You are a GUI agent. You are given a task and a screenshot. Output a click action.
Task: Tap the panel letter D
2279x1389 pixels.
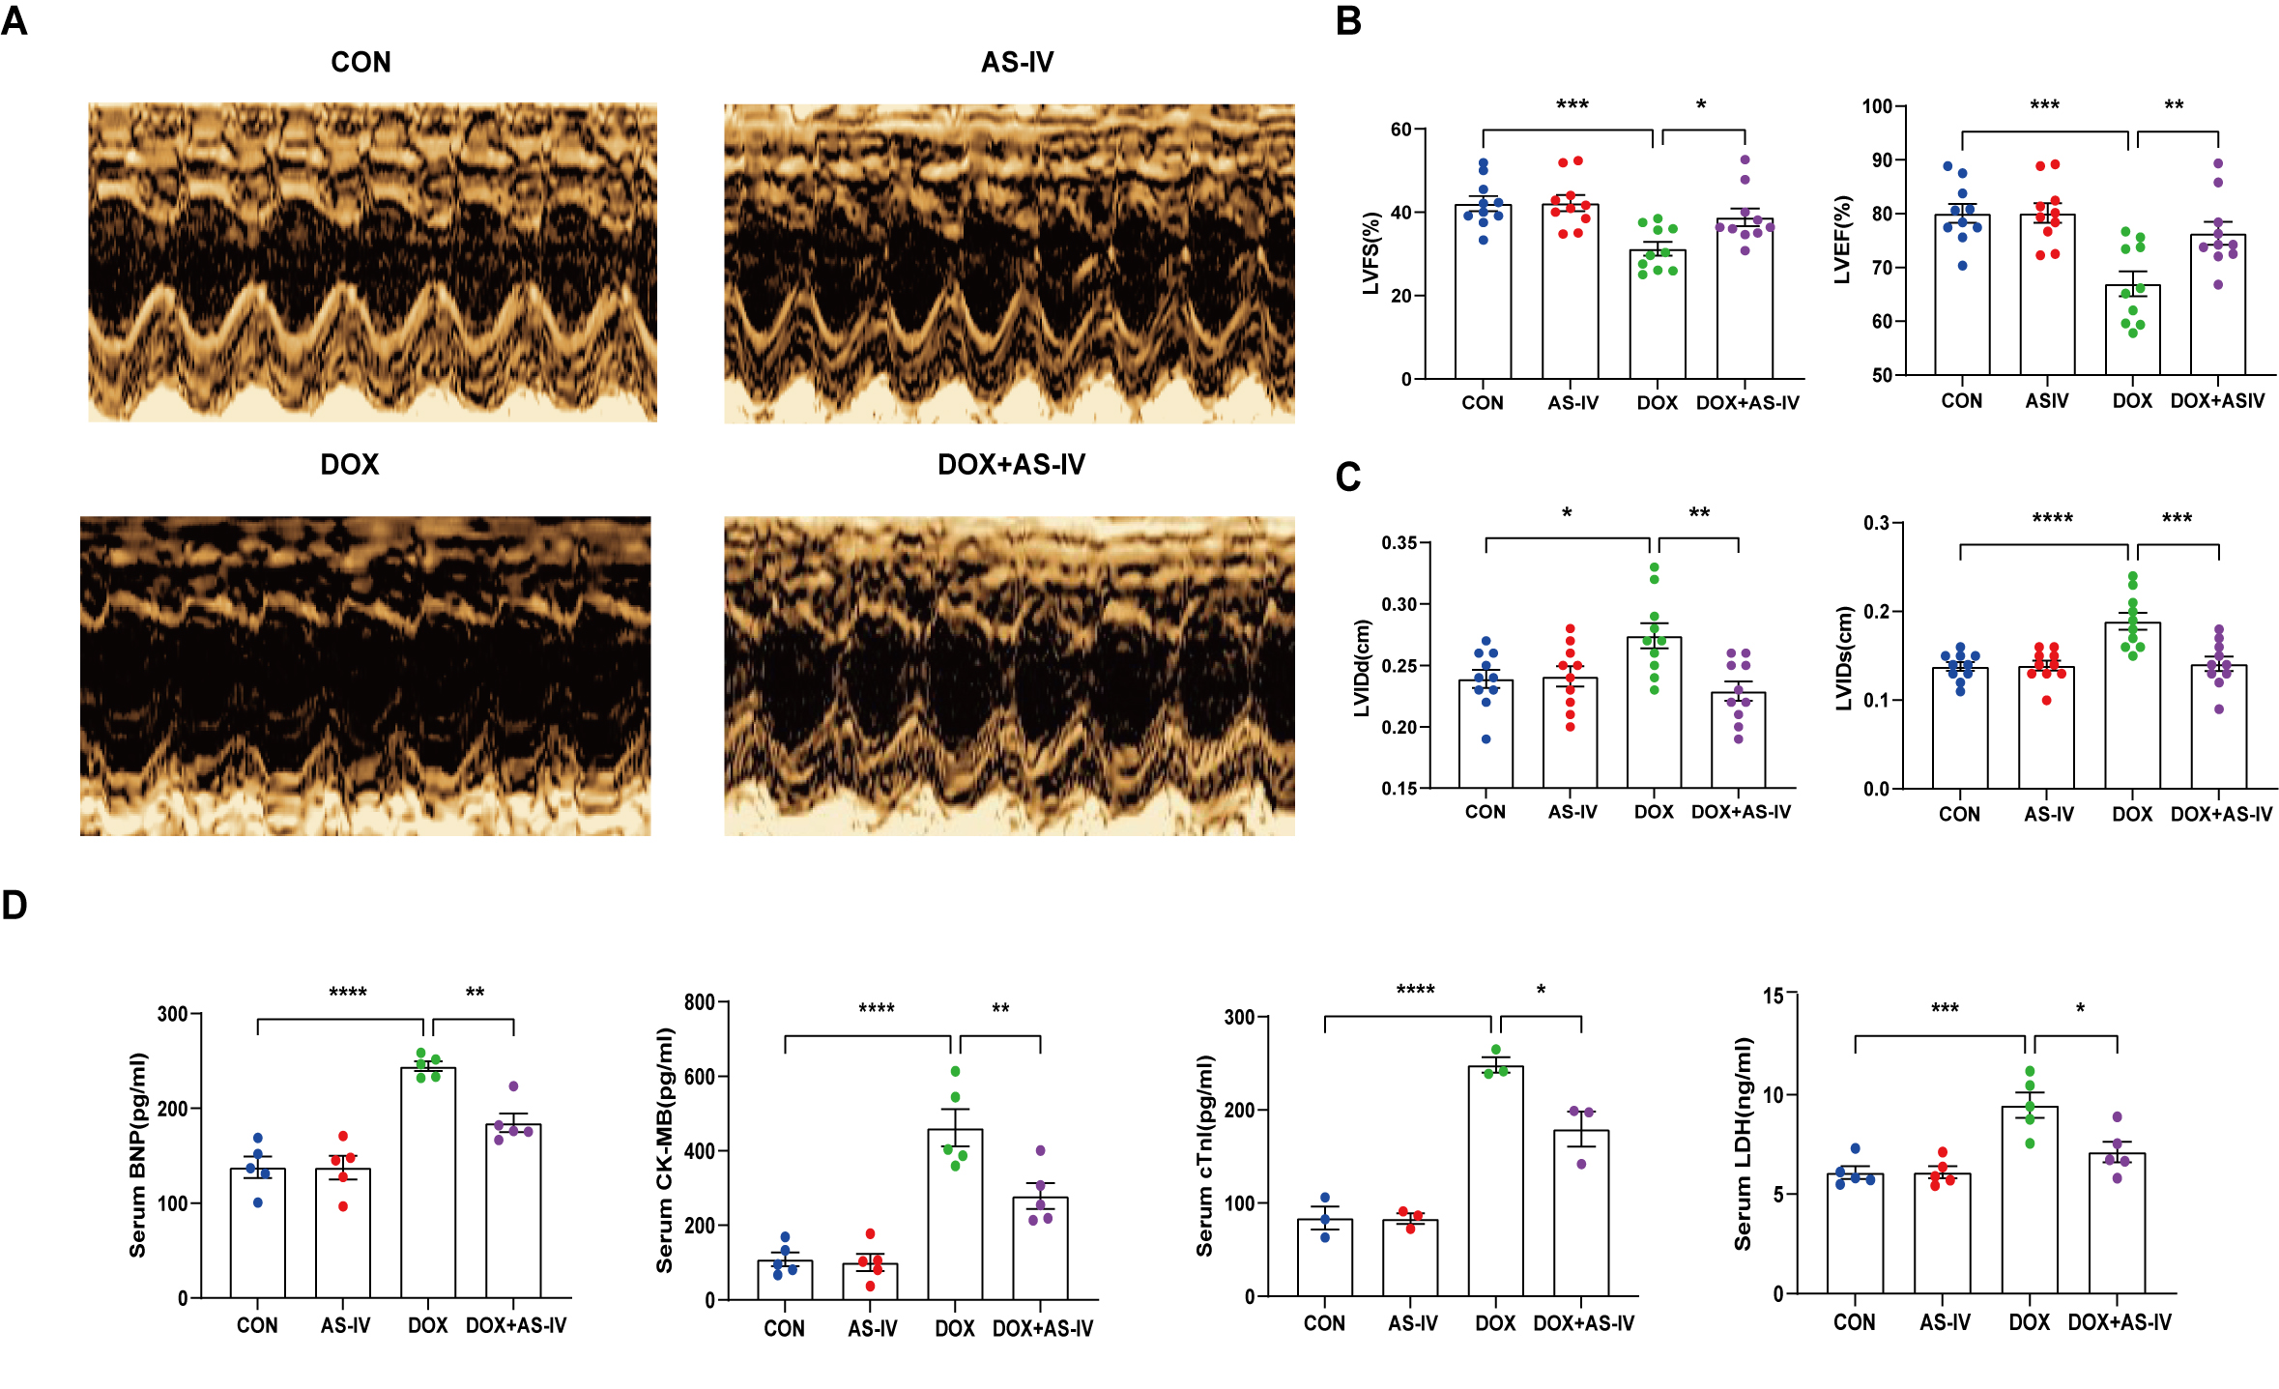pyautogui.click(x=14, y=905)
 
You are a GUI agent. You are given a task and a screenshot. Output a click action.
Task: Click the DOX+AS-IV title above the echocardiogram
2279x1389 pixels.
pyautogui.click(x=1011, y=465)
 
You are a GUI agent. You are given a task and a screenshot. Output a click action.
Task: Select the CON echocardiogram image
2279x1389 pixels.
pyautogui.click(x=372, y=262)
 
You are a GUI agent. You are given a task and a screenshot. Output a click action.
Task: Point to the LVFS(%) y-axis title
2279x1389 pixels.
pyautogui.click(x=1370, y=253)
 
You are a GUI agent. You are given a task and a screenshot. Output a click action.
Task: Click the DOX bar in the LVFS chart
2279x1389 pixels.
pyautogui.click(x=1658, y=314)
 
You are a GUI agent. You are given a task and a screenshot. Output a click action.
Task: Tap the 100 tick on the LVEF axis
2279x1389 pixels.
pyautogui.click(x=1877, y=106)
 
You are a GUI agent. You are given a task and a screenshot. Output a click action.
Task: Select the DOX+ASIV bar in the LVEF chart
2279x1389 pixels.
pyautogui.click(x=2218, y=304)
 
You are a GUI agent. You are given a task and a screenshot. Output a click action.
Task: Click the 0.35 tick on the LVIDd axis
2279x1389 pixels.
pyautogui.click(x=1399, y=543)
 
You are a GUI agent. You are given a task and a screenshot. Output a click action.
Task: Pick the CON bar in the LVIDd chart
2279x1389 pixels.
pyautogui.click(x=1486, y=735)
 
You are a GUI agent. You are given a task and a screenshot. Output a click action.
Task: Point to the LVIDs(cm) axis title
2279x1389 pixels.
pyautogui.click(x=1844, y=658)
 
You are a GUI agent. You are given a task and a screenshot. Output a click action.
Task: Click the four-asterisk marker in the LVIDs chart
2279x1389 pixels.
pyautogui.click(x=2052, y=519)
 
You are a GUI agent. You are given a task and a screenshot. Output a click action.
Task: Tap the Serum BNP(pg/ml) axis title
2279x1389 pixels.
pyautogui.click(x=138, y=1155)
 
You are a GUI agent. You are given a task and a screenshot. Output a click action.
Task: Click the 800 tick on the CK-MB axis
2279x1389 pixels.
pyautogui.click(x=699, y=1002)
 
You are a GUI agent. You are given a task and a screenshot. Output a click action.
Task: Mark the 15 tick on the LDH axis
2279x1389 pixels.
pyautogui.click(x=1773, y=996)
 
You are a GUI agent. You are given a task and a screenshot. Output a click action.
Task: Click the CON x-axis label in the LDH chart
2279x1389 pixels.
pyautogui.click(x=1854, y=1322)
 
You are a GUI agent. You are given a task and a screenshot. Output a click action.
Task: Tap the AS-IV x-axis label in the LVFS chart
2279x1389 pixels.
pyautogui.click(x=1572, y=403)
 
